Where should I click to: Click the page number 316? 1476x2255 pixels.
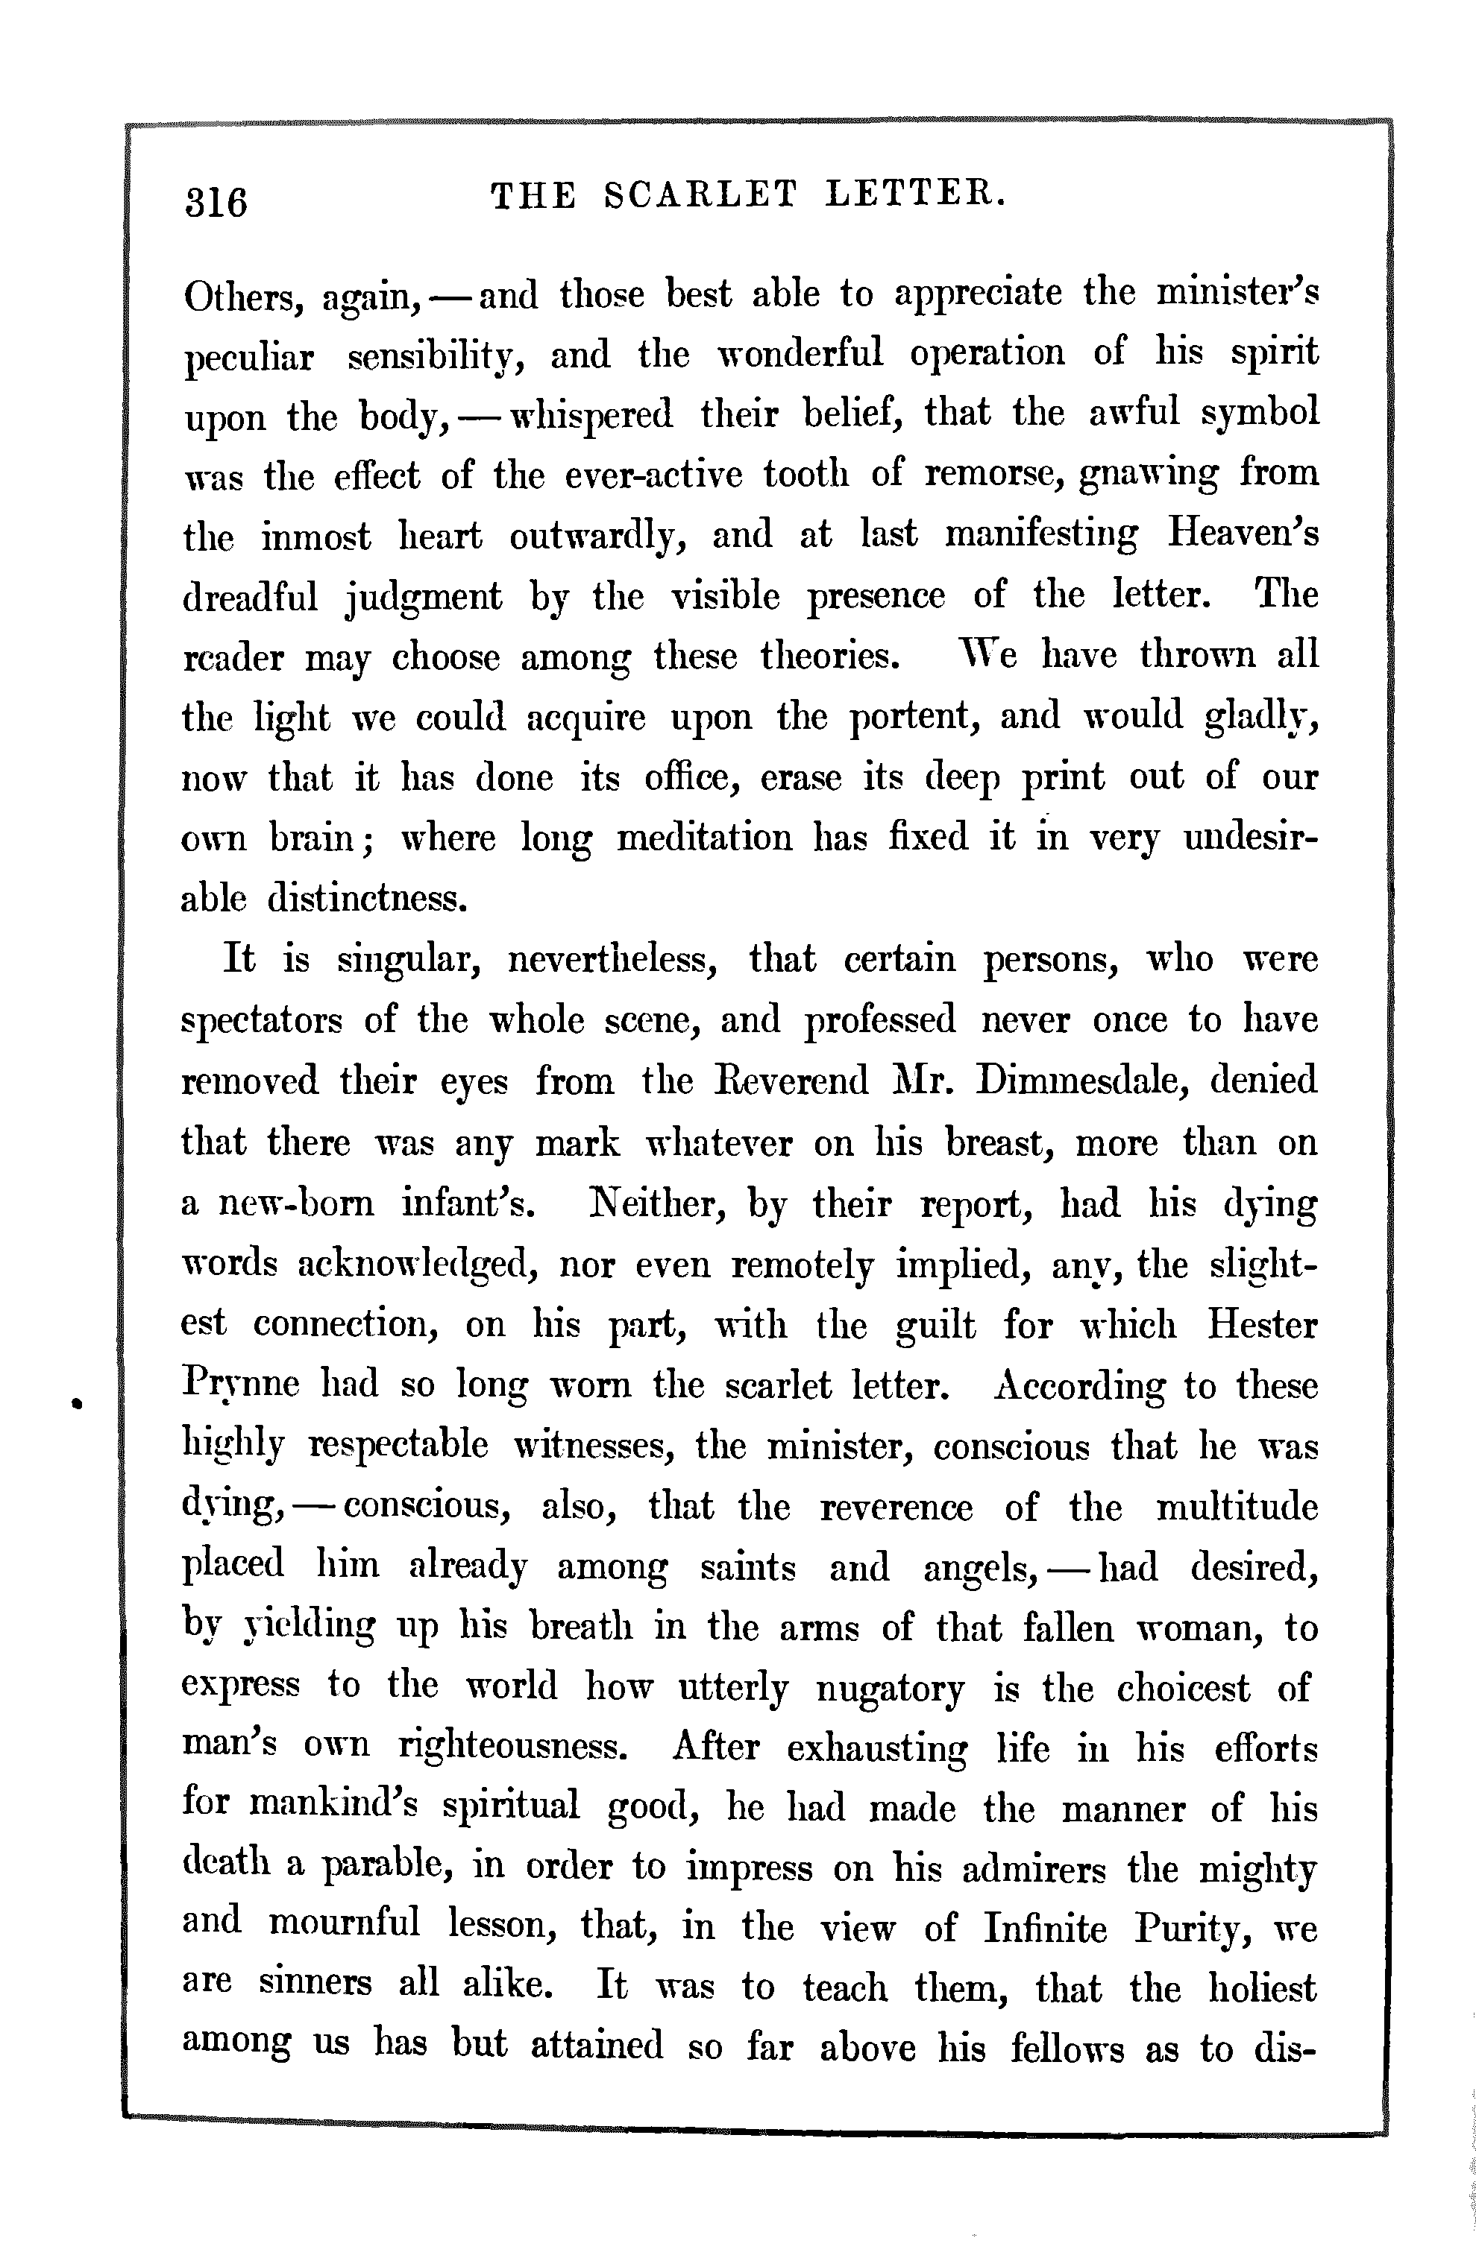216,200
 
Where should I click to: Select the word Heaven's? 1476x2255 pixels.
1243,534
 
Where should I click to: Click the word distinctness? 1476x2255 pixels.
368,898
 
